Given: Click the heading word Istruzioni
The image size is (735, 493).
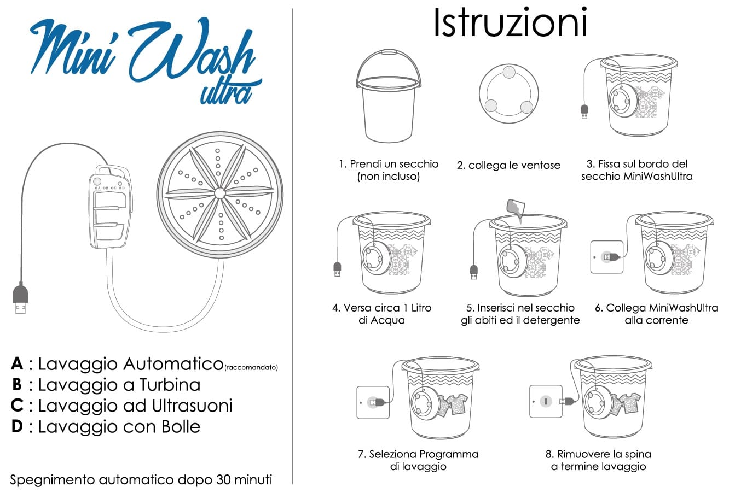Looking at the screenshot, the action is tap(511, 22).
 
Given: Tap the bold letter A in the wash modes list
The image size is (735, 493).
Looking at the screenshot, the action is tap(17, 363).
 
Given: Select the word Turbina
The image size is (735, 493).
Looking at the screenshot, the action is tap(170, 384).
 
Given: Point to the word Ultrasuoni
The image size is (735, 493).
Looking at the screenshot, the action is tap(192, 406).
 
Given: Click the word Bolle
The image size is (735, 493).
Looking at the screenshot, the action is tap(181, 426).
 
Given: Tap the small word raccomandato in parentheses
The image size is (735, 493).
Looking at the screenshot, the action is tap(251, 367).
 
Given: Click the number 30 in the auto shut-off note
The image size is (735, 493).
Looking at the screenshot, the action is tap(223, 479).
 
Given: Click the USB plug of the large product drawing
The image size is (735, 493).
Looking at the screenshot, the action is tap(20, 298).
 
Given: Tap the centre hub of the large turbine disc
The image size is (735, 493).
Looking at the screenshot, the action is tap(220, 193).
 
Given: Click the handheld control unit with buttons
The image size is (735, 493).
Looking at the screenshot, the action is tap(111, 207).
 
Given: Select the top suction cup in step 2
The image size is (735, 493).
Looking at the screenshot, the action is tap(509, 73).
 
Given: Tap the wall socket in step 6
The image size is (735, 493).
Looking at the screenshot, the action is tap(607, 257).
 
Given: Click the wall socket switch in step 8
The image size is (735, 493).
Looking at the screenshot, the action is tap(546, 401).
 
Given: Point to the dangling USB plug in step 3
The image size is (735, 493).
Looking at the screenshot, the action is tap(584, 112).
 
